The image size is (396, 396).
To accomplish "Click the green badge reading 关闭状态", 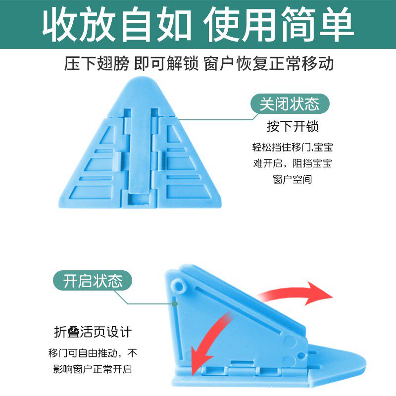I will click(x=289, y=104).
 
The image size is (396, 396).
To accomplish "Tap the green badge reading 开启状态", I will click(x=93, y=281).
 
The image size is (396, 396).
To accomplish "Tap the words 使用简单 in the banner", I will click(x=280, y=25).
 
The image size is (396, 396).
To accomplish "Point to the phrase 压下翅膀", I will click(x=97, y=64).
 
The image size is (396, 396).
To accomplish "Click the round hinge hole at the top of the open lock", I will click(x=180, y=286).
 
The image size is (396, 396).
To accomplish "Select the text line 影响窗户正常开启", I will click(x=93, y=369).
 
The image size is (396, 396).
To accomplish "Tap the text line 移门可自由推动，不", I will click(x=93, y=353).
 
